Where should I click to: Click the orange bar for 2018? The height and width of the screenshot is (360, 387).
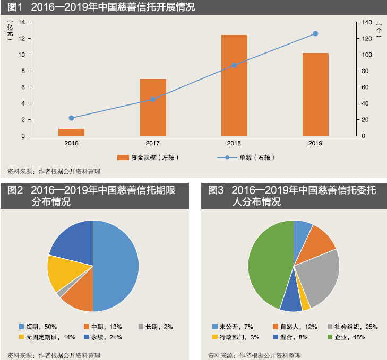tap(234, 85)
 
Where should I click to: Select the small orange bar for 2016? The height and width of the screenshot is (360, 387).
tap(72, 132)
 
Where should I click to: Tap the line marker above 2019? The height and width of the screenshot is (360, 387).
tap(315, 33)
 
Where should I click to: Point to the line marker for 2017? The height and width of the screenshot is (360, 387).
tap(153, 99)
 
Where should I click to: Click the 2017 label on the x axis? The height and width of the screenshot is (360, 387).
tap(153, 143)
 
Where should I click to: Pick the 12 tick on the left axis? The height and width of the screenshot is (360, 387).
tap(22, 39)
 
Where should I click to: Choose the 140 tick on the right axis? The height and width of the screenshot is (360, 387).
tap(367, 22)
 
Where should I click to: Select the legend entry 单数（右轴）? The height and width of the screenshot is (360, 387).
tap(249, 157)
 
